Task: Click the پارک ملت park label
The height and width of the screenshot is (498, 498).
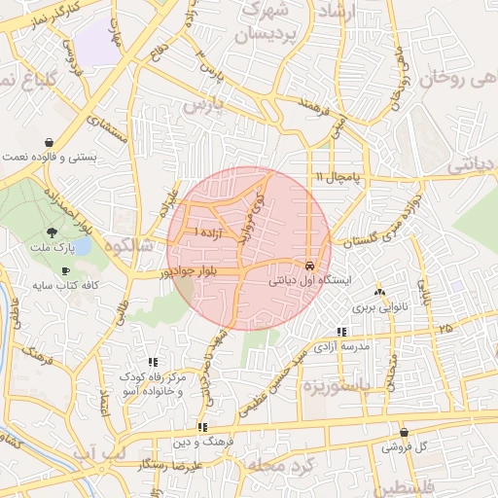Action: click(60, 251)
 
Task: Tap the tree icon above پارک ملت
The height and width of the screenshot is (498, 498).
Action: click(51, 232)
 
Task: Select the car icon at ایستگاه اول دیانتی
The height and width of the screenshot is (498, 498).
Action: click(309, 265)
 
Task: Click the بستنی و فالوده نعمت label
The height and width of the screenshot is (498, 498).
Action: click(50, 156)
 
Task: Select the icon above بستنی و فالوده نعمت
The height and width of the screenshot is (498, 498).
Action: click(50, 141)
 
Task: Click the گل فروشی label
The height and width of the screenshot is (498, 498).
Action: click(404, 447)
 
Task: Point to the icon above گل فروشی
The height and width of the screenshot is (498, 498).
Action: click(404, 433)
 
